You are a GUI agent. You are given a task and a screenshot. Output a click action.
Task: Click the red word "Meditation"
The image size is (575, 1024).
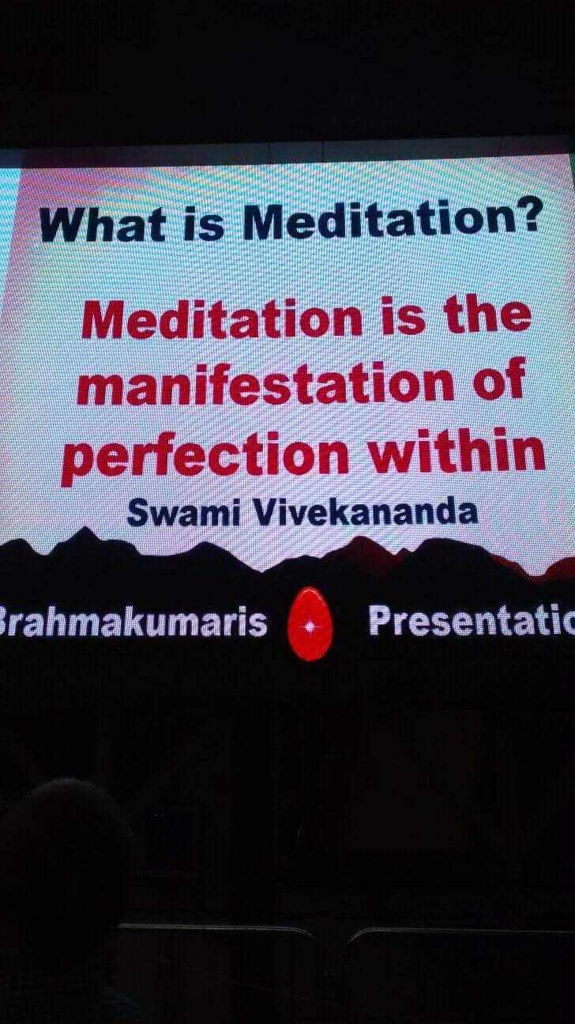(222, 319)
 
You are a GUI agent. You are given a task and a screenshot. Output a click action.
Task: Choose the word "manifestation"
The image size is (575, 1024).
(265, 384)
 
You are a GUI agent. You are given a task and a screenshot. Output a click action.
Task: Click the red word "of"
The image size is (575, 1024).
(498, 379)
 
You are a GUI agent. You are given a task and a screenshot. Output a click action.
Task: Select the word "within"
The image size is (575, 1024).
(457, 450)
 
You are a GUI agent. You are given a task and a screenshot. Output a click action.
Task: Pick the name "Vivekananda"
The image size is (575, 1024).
(365, 510)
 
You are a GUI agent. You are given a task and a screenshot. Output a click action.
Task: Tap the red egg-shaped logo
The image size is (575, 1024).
(310, 623)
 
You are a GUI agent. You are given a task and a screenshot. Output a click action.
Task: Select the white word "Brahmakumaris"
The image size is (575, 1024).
(133, 622)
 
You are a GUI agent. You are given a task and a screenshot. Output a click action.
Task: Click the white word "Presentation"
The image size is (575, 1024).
(472, 620)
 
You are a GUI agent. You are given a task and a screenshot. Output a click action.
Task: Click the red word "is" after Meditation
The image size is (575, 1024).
(403, 315)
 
